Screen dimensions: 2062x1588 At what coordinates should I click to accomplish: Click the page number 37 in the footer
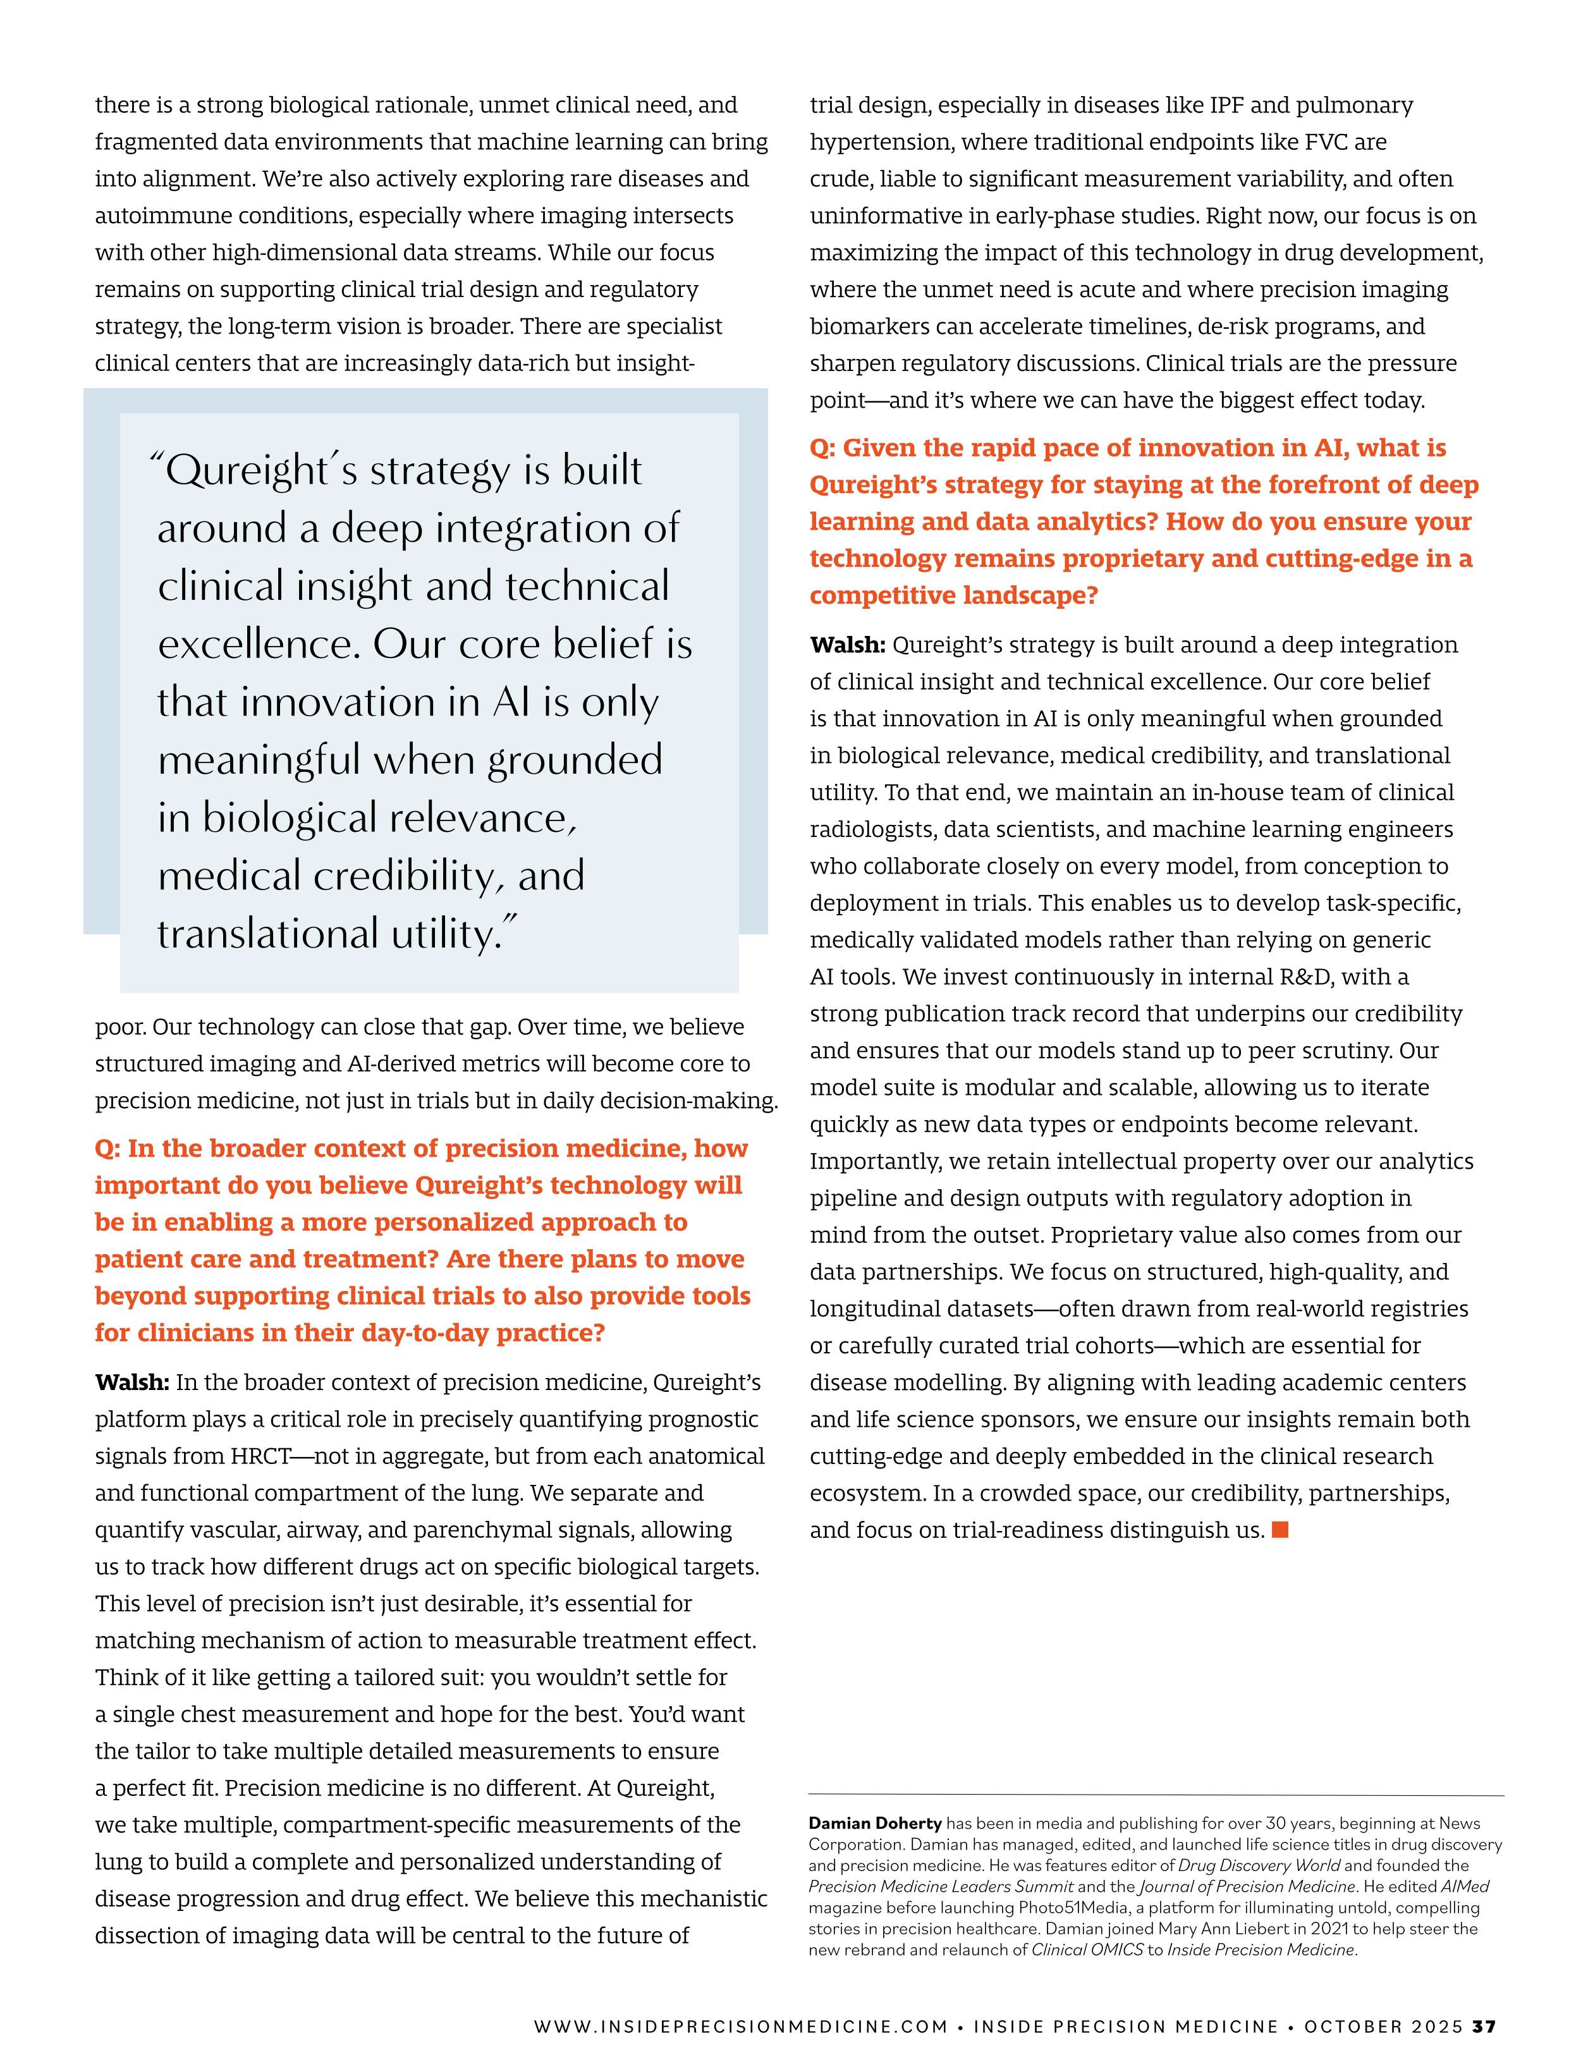click(1485, 2026)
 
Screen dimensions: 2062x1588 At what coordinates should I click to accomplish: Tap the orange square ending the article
click(1280, 1530)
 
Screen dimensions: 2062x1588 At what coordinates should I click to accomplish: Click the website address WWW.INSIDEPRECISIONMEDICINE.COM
click(740, 2026)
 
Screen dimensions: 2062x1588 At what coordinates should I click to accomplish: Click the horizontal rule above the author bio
click(1156, 1795)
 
